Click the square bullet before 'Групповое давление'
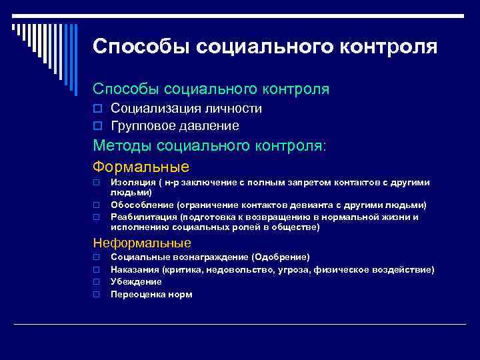click(97, 126)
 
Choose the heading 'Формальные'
click(141, 167)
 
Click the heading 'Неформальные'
click(141, 243)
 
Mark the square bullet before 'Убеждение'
click(97, 282)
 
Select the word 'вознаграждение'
click(205, 257)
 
